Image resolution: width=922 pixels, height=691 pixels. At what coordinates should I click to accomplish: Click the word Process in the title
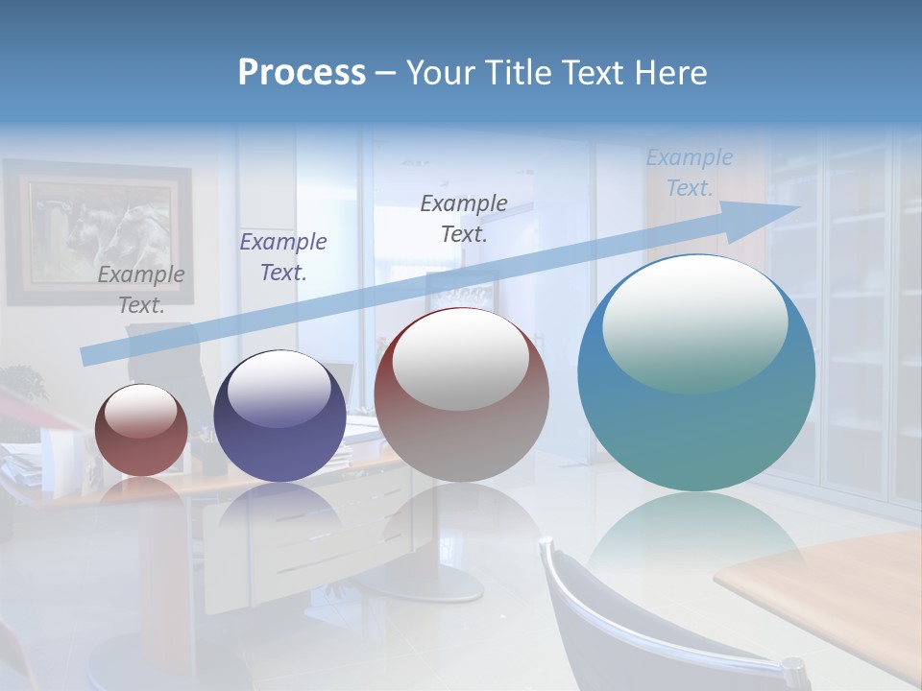(x=302, y=73)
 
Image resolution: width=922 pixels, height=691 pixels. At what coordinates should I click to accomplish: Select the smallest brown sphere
(x=141, y=430)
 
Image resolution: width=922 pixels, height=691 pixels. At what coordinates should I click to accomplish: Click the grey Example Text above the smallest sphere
(x=141, y=289)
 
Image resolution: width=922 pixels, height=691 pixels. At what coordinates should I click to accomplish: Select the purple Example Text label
(x=282, y=256)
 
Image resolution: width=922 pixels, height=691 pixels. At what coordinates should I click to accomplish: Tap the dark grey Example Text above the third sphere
(x=464, y=218)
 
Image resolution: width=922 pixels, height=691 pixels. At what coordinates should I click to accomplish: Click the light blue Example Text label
(x=689, y=173)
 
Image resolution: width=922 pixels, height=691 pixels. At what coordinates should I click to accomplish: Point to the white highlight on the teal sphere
(x=694, y=322)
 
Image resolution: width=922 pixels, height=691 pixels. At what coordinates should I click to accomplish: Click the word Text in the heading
(x=596, y=73)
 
